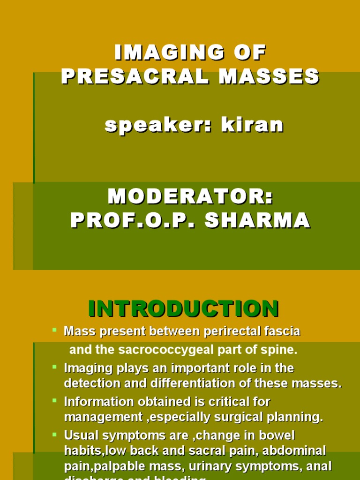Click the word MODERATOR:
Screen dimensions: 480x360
pos(190,197)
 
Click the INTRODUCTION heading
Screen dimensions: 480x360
pos(184,309)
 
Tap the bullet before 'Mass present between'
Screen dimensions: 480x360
pos(55,330)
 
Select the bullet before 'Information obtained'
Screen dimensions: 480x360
pos(55,400)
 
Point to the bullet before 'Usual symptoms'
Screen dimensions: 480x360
pos(55,434)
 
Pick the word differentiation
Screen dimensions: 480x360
pos(189,383)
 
